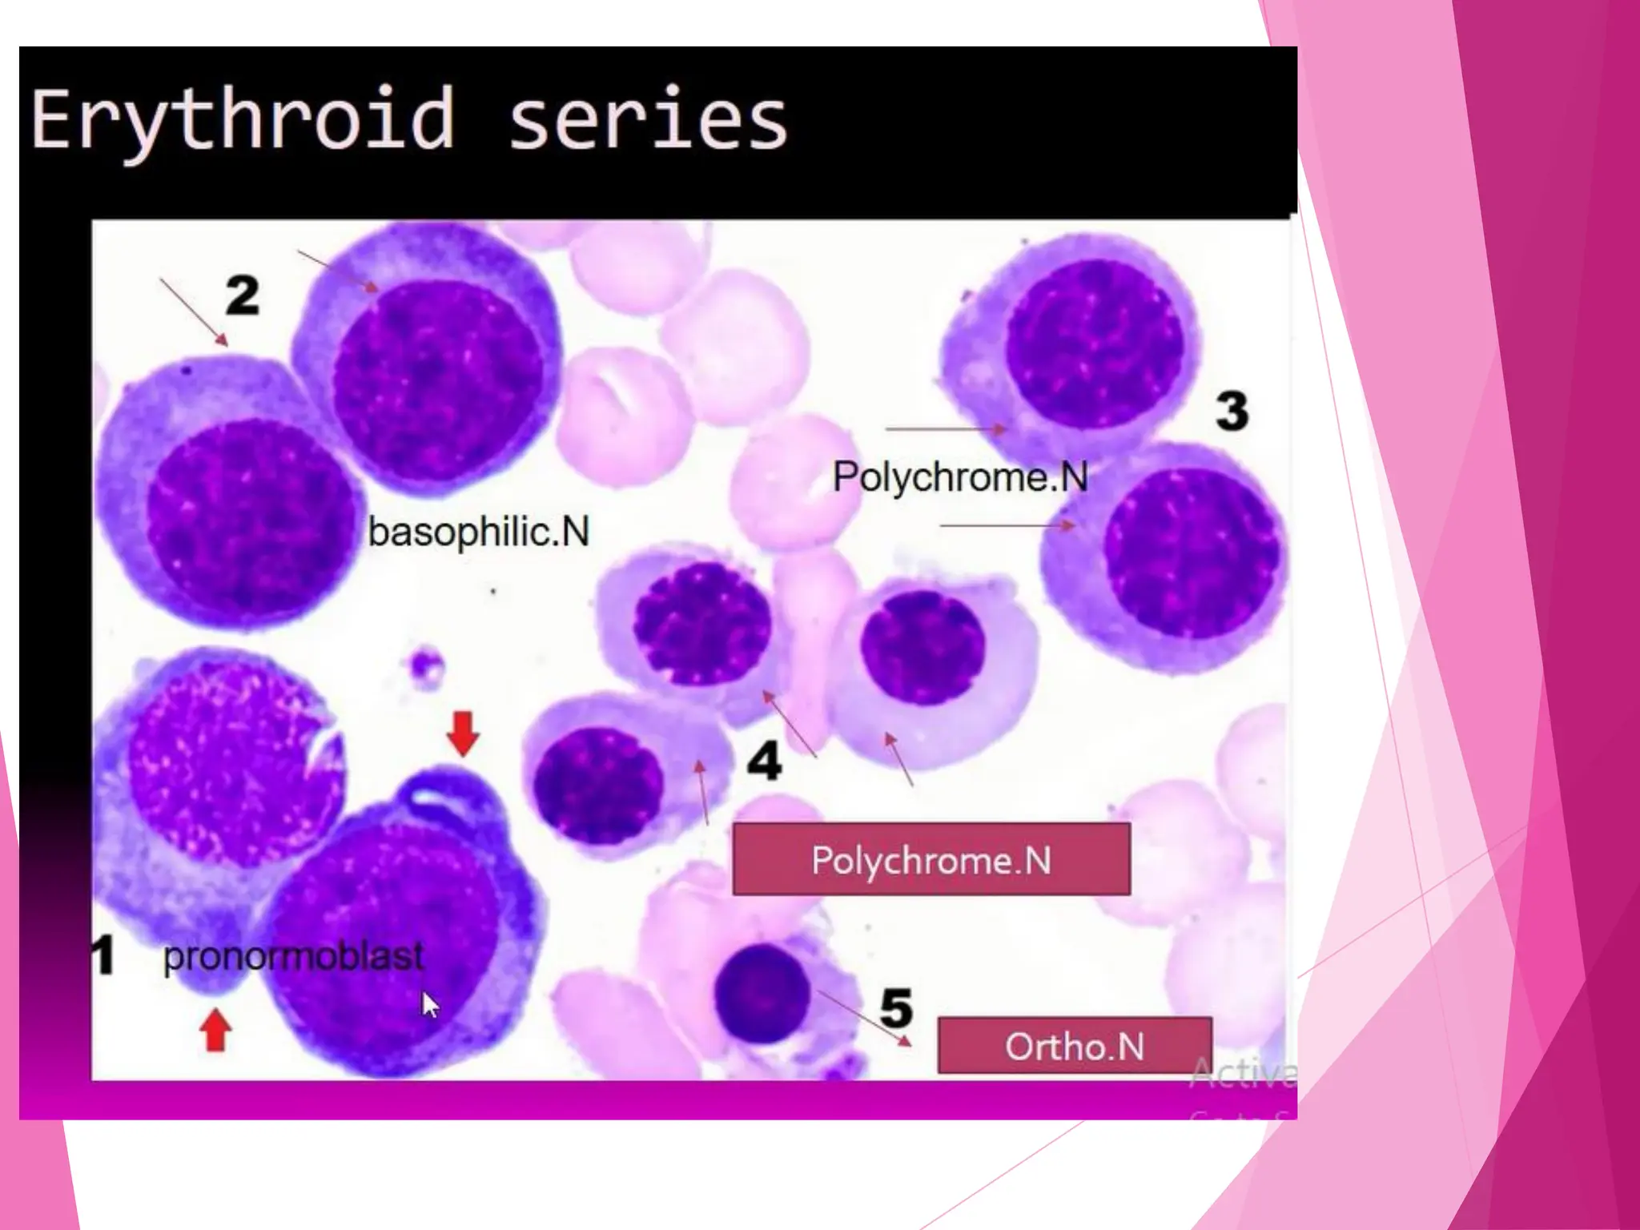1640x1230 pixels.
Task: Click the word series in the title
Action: (649, 120)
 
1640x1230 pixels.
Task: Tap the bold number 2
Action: (243, 295)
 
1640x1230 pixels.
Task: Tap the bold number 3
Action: (1232, 411)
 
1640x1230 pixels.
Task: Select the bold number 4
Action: (764, 760)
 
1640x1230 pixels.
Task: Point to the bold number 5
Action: (896, 1007)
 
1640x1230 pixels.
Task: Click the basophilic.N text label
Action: (478, 532)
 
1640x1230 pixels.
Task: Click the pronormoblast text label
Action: (293, 956)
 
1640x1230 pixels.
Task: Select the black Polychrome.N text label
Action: (960, 477)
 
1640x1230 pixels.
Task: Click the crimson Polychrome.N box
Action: (931, 859)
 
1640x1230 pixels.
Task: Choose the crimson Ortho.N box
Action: (1075, 1046)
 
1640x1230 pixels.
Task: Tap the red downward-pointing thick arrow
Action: (463, 733)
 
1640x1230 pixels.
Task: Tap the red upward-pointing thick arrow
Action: (215, 1030)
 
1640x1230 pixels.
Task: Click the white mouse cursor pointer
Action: (430, 1004)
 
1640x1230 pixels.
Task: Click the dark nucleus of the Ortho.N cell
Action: (762, 993)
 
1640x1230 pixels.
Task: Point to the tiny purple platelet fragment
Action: (425, 666)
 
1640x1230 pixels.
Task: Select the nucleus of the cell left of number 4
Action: (597, 784)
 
